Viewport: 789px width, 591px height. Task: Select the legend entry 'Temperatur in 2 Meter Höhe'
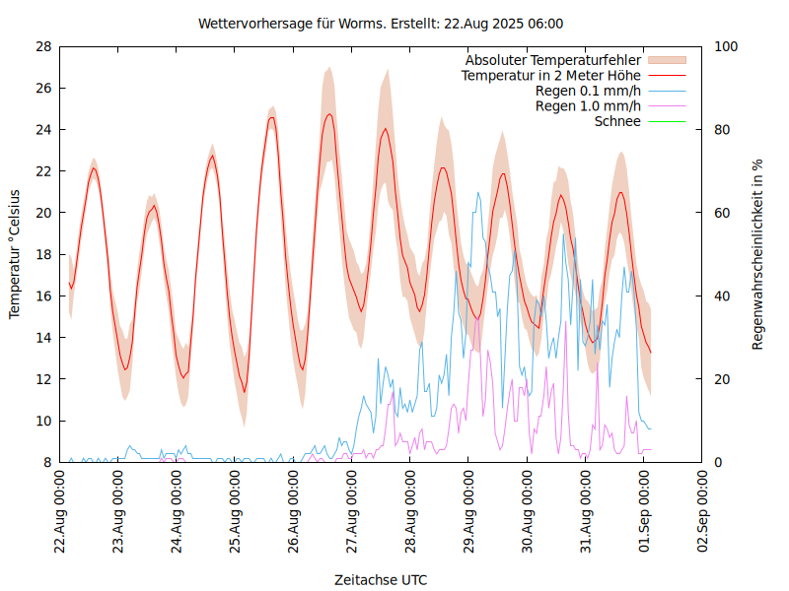click(551, 75)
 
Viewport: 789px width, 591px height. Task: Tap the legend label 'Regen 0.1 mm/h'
click(588, 91)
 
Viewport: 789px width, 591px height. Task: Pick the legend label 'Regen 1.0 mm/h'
click(588, 106)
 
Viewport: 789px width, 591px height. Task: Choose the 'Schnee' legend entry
click(618, 121)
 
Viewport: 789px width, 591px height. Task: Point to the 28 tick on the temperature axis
click(42, 46)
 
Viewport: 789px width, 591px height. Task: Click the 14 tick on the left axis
click(42, 338)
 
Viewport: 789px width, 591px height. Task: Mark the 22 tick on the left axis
click(42, 171)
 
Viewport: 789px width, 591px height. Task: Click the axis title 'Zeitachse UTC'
click(381, 579)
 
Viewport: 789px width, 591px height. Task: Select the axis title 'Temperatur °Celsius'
click(15, 254)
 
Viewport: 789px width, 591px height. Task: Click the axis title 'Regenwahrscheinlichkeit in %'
click(758, 254)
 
